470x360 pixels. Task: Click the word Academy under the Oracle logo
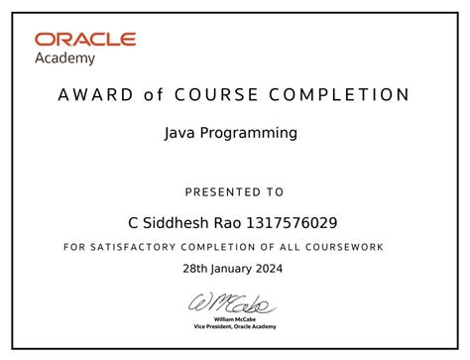pos(65,58)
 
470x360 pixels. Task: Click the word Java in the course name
pos(178,131)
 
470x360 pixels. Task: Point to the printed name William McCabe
pos(235,319)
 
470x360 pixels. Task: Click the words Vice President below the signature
pos(216,326)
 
